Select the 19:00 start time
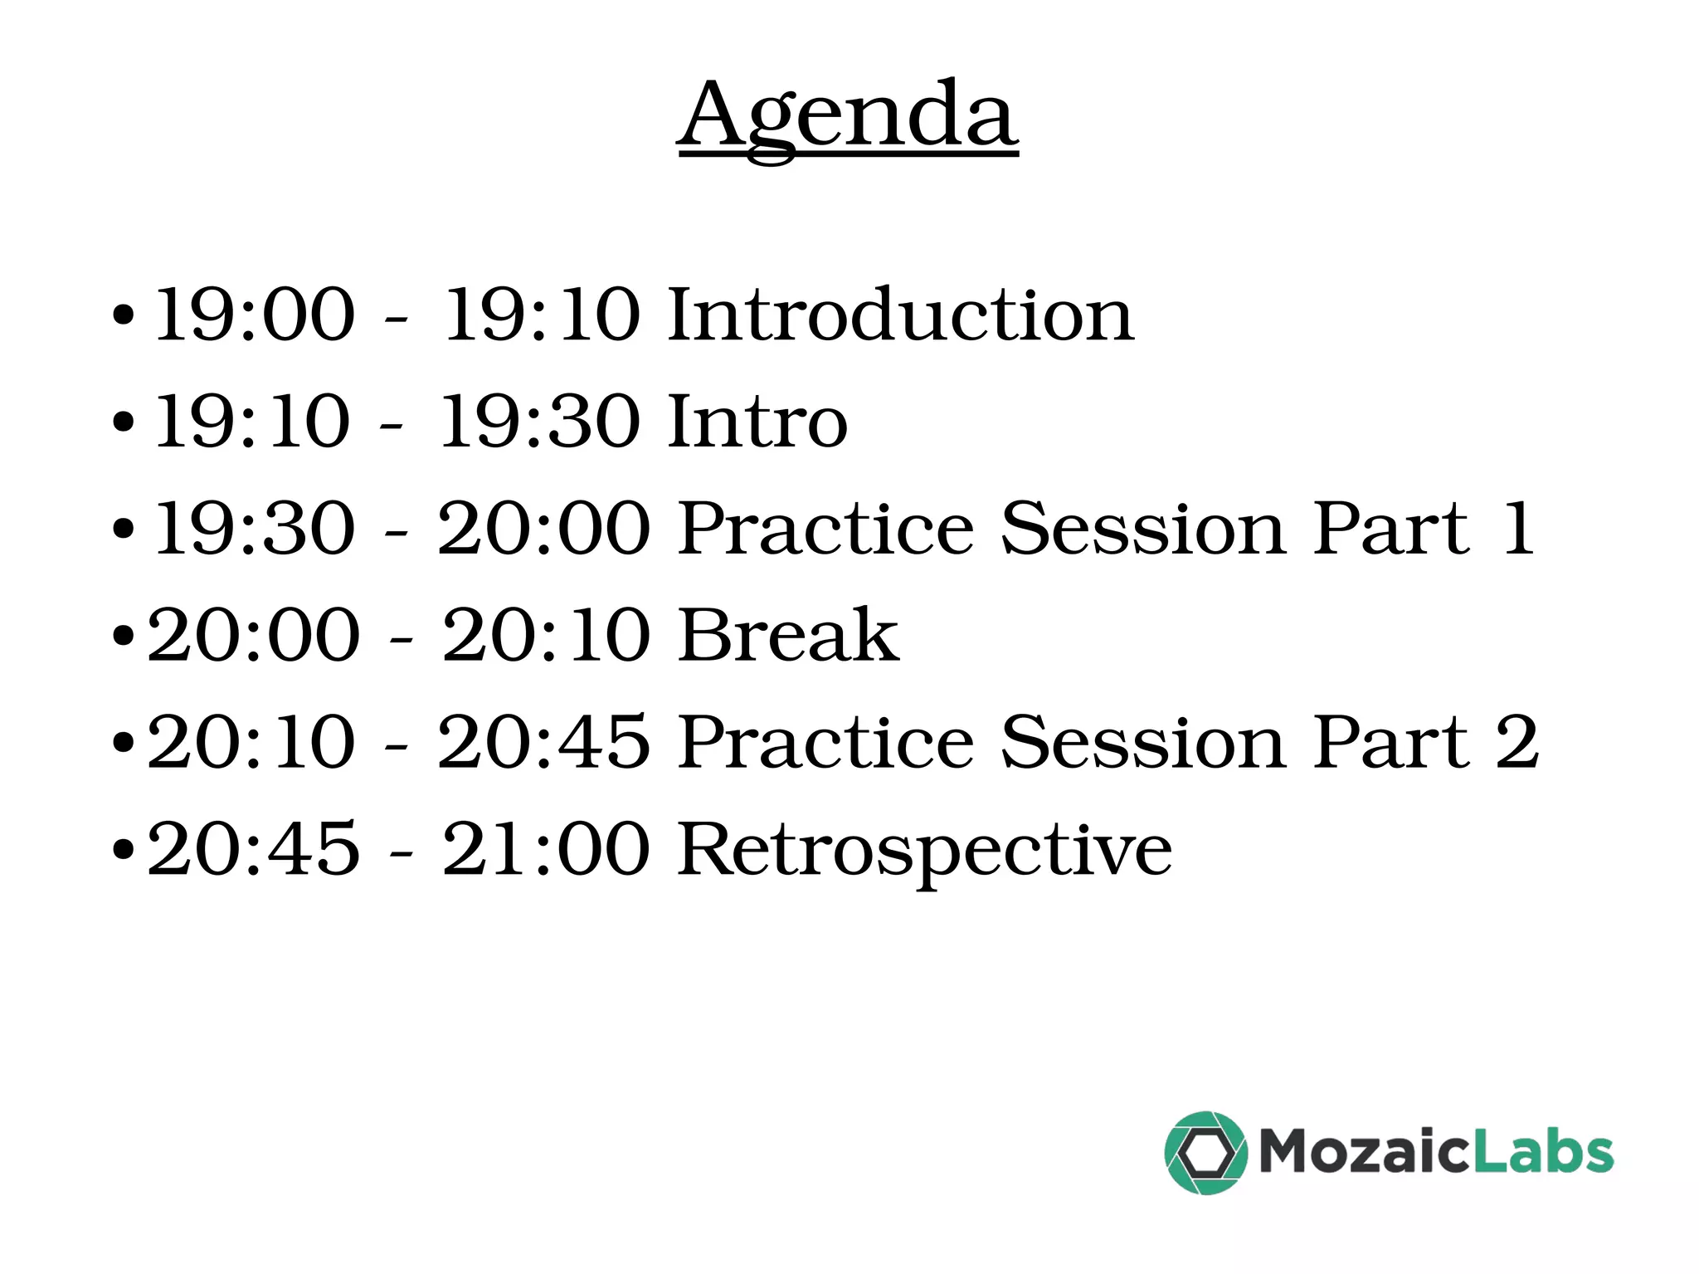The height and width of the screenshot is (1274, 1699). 255,315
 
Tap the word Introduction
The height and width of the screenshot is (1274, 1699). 900,315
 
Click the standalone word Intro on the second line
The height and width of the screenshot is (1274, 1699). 757,422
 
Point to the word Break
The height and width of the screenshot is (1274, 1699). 787,635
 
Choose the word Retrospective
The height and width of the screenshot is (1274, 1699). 924,851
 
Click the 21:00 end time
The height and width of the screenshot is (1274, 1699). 546,849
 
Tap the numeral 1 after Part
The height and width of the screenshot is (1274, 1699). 1518,529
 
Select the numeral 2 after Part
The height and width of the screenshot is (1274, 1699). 1517,742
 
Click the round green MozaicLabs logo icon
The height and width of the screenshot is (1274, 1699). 1205,1153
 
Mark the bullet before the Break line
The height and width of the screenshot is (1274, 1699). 123,637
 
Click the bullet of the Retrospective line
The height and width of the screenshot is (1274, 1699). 123,851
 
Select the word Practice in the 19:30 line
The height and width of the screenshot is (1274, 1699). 825,529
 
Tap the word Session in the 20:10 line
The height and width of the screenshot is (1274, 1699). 1144,742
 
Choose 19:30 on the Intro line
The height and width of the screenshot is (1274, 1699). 540,422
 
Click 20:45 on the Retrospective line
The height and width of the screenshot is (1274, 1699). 254,849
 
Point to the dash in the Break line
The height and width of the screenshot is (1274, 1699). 402,638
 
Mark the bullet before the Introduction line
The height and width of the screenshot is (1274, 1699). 123,316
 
